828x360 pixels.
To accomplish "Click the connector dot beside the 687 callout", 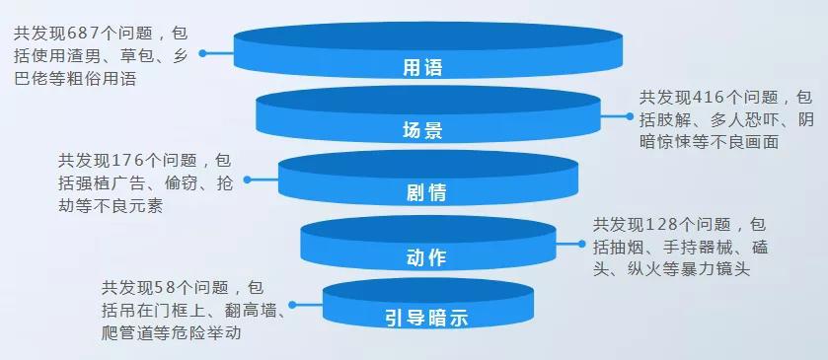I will point(202,55).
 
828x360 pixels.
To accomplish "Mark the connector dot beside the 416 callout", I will point(628,116).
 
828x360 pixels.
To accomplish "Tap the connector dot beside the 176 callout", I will point(247,180).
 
